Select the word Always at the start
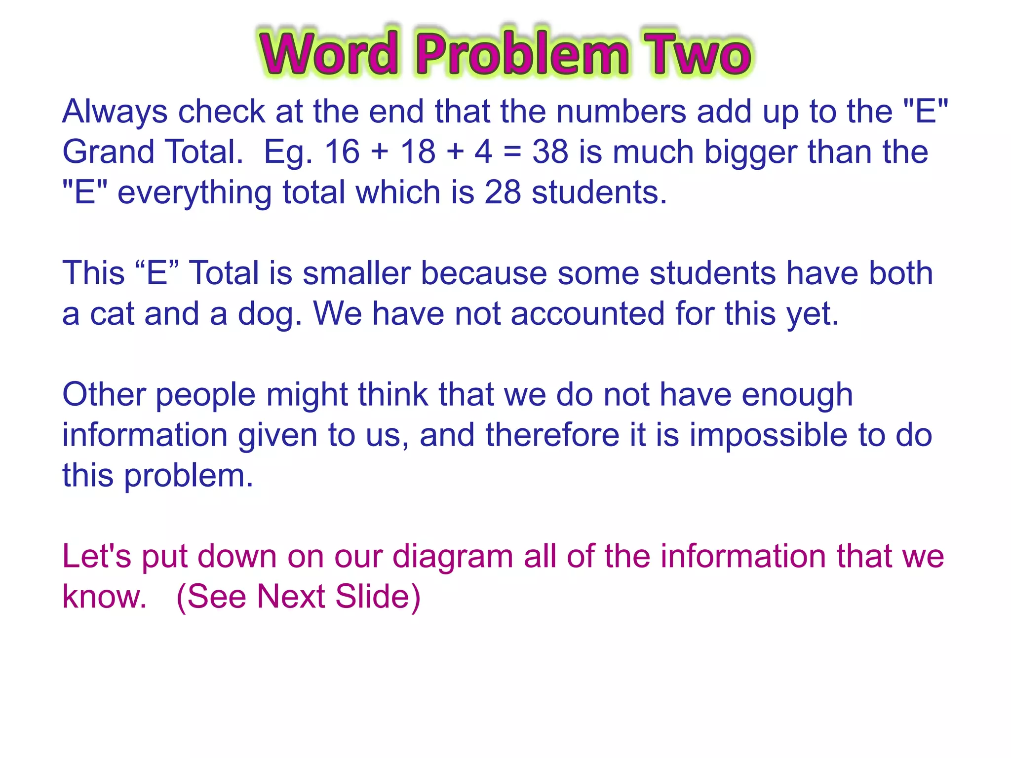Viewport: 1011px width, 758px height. coord(115,112)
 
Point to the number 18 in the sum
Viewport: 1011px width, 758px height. coord(418,152)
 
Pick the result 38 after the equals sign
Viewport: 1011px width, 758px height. coord(550,152)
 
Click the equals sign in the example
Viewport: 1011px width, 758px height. coord(512,152)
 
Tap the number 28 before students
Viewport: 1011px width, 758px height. coord(503,192)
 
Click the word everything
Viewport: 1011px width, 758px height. coord(194,193)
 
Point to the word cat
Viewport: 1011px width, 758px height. coord(112,314)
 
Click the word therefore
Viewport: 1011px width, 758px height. coord(552,435)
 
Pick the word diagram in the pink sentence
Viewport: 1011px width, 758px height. coord(453,557)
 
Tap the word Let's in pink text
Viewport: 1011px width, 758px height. coord(97,557)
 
